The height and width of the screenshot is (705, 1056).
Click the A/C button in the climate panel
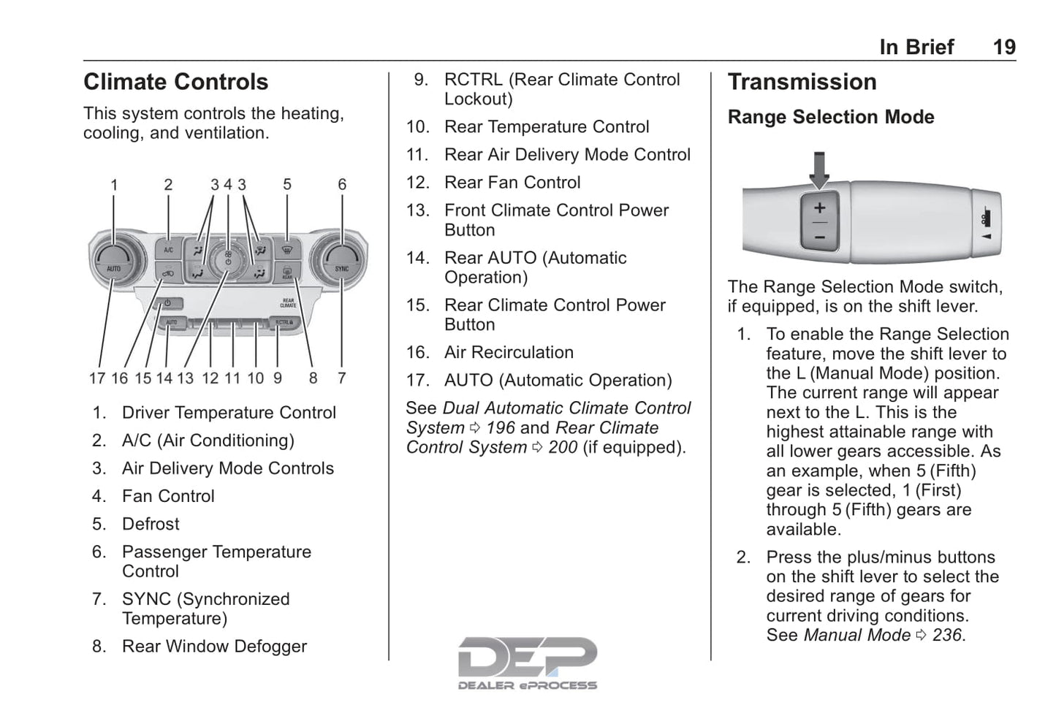169,250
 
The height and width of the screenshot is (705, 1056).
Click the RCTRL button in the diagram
284,321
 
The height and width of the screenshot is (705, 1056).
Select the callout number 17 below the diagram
97,378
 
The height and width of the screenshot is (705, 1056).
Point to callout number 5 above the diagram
287,185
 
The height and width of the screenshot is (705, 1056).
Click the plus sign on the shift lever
819,208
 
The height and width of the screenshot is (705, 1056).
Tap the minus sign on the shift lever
819,237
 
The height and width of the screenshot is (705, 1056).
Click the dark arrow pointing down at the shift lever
819,169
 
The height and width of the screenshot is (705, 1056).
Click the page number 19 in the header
1003,47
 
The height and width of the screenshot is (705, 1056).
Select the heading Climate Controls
175,82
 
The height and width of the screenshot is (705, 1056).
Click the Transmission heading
802,82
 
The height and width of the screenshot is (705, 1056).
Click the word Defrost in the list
151,524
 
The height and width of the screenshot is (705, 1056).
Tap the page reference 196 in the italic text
500,427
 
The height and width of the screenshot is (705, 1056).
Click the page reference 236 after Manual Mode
947,635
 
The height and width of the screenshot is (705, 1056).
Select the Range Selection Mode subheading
830,117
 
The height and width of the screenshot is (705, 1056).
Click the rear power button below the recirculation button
168,302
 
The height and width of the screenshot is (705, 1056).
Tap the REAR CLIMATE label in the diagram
288,302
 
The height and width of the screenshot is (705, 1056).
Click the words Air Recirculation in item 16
509,352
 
